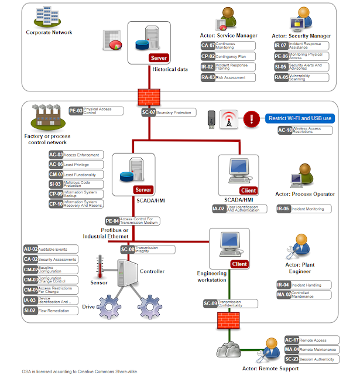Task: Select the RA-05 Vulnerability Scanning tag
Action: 301,77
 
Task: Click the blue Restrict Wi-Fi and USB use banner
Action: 300,118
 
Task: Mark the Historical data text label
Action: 170,69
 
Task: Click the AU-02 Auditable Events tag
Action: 50,250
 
